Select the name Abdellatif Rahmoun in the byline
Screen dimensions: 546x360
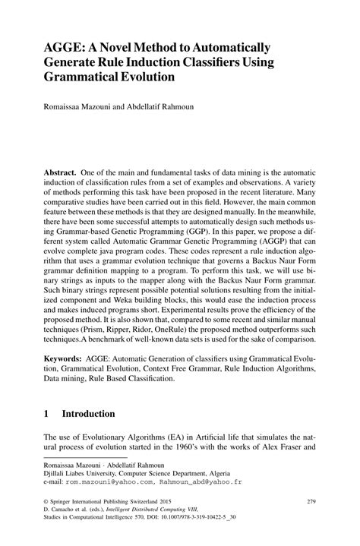tap(160, 107)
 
